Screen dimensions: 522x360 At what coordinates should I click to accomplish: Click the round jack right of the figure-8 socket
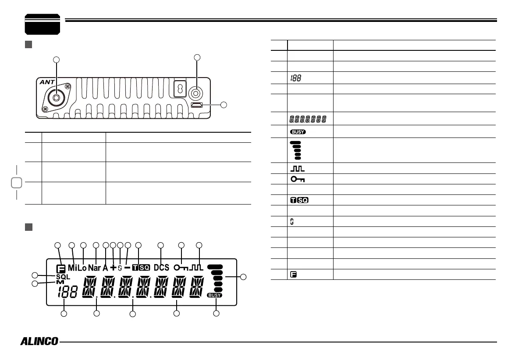(196, 92)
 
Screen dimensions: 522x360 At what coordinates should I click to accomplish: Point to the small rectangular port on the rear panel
(196, 105)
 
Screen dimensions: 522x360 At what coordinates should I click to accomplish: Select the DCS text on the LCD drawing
(161, 268)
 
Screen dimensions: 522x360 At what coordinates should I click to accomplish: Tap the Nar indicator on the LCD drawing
(94, 268)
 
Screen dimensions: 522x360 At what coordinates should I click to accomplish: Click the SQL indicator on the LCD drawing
(63, 276)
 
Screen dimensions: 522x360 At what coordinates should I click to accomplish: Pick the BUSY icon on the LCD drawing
(215, 296)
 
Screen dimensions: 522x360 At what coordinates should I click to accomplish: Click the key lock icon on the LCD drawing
(181, 268)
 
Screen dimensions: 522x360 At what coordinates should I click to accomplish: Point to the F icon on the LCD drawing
(60, 268)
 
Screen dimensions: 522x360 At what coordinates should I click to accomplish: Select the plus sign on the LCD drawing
(113, 268)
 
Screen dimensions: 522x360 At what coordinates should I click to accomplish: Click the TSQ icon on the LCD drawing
(141, 268)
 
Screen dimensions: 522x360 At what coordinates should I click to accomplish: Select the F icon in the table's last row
(293, 275)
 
